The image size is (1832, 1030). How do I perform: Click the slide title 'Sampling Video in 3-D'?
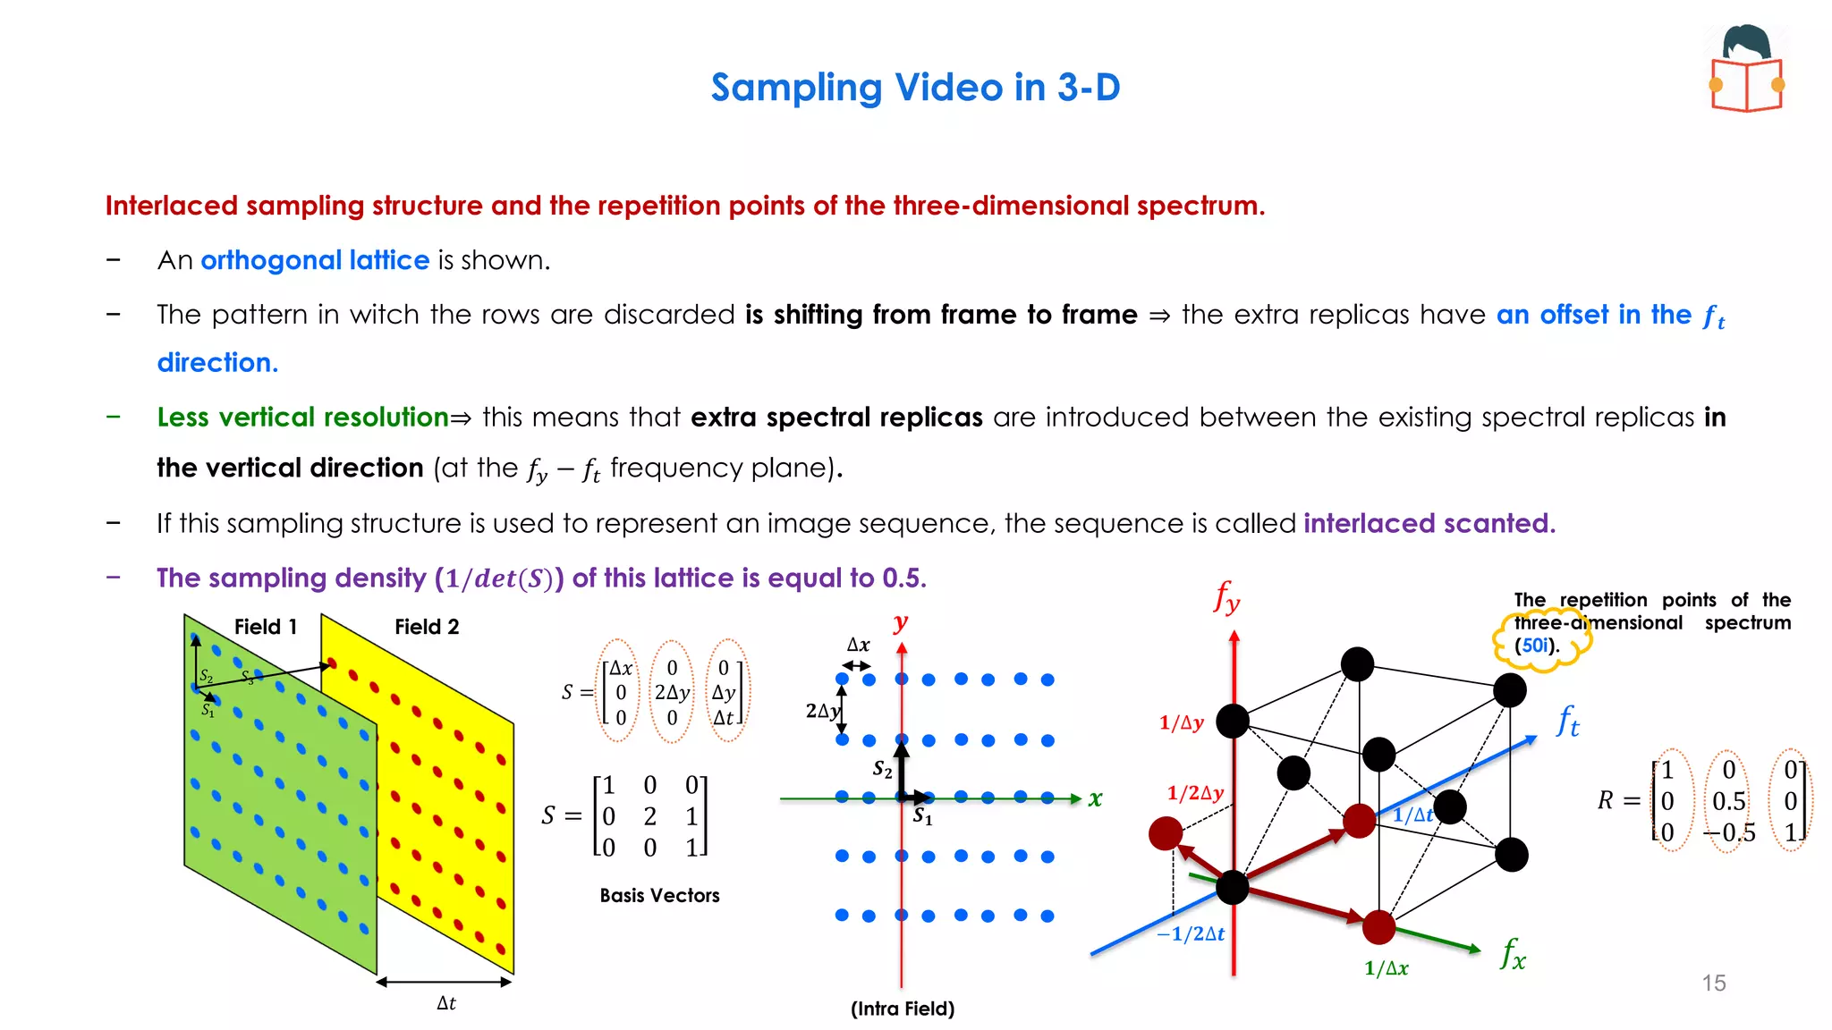[x=915, y=88]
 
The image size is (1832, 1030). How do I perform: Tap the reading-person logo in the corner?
[x=1747, y=70]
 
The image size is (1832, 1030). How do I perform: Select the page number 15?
[x=1713, y=983]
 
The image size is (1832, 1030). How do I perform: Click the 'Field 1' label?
[x=265, y=627]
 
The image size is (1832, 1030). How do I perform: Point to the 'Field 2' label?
[x=427, y=627]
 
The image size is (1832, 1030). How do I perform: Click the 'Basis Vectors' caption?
[x=659, y=895]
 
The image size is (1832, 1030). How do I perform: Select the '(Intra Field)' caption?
[x=902, y=1009]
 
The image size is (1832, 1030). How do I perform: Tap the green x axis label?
[x=1095, y=798]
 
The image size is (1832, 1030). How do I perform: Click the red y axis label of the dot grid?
[x=901, y=622]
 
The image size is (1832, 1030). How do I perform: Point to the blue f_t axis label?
[x=1567, y=721]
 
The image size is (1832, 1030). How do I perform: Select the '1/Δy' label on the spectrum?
[x=1181, y=722]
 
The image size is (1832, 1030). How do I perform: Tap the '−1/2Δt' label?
[x=1190, y=934]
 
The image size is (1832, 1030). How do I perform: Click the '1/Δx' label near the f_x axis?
[x=1386, y=968]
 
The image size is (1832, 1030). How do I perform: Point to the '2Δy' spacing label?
[x=822, y=711]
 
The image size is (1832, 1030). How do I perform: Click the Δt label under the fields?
[x=445, y=1003]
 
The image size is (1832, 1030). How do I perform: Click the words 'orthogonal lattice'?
[x=315, y=260]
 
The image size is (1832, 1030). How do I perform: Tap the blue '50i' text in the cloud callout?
[x=1534, y=646]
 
